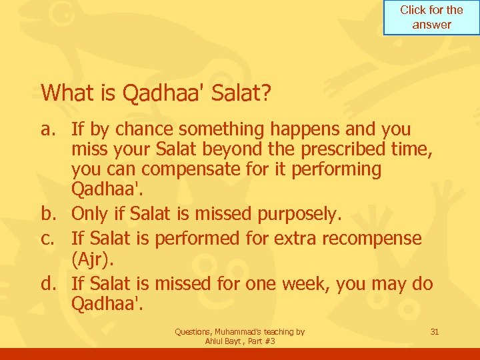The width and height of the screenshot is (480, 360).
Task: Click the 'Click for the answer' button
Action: [431, 17]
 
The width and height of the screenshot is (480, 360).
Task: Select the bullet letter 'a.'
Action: [50, 129]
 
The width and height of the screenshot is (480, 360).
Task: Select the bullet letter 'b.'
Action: [51, 214]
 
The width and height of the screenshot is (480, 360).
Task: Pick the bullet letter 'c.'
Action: [50, 238]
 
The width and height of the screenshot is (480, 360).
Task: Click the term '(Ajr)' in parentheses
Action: [94, 259]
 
